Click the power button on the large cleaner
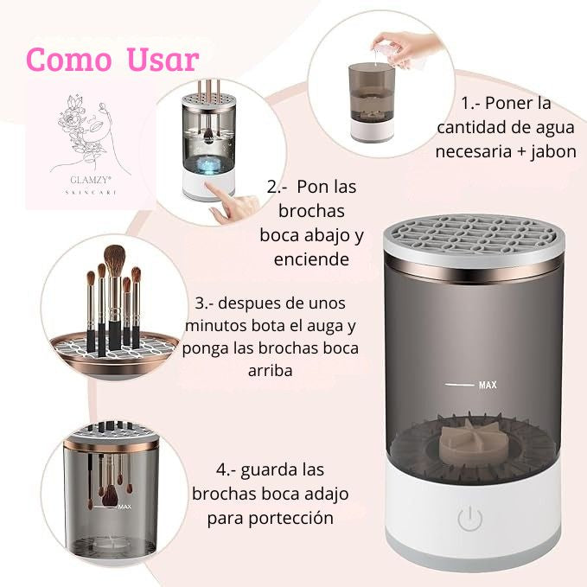469,519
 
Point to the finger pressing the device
230,205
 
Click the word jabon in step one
556,151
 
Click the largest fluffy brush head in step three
114,259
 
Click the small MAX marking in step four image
124,507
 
